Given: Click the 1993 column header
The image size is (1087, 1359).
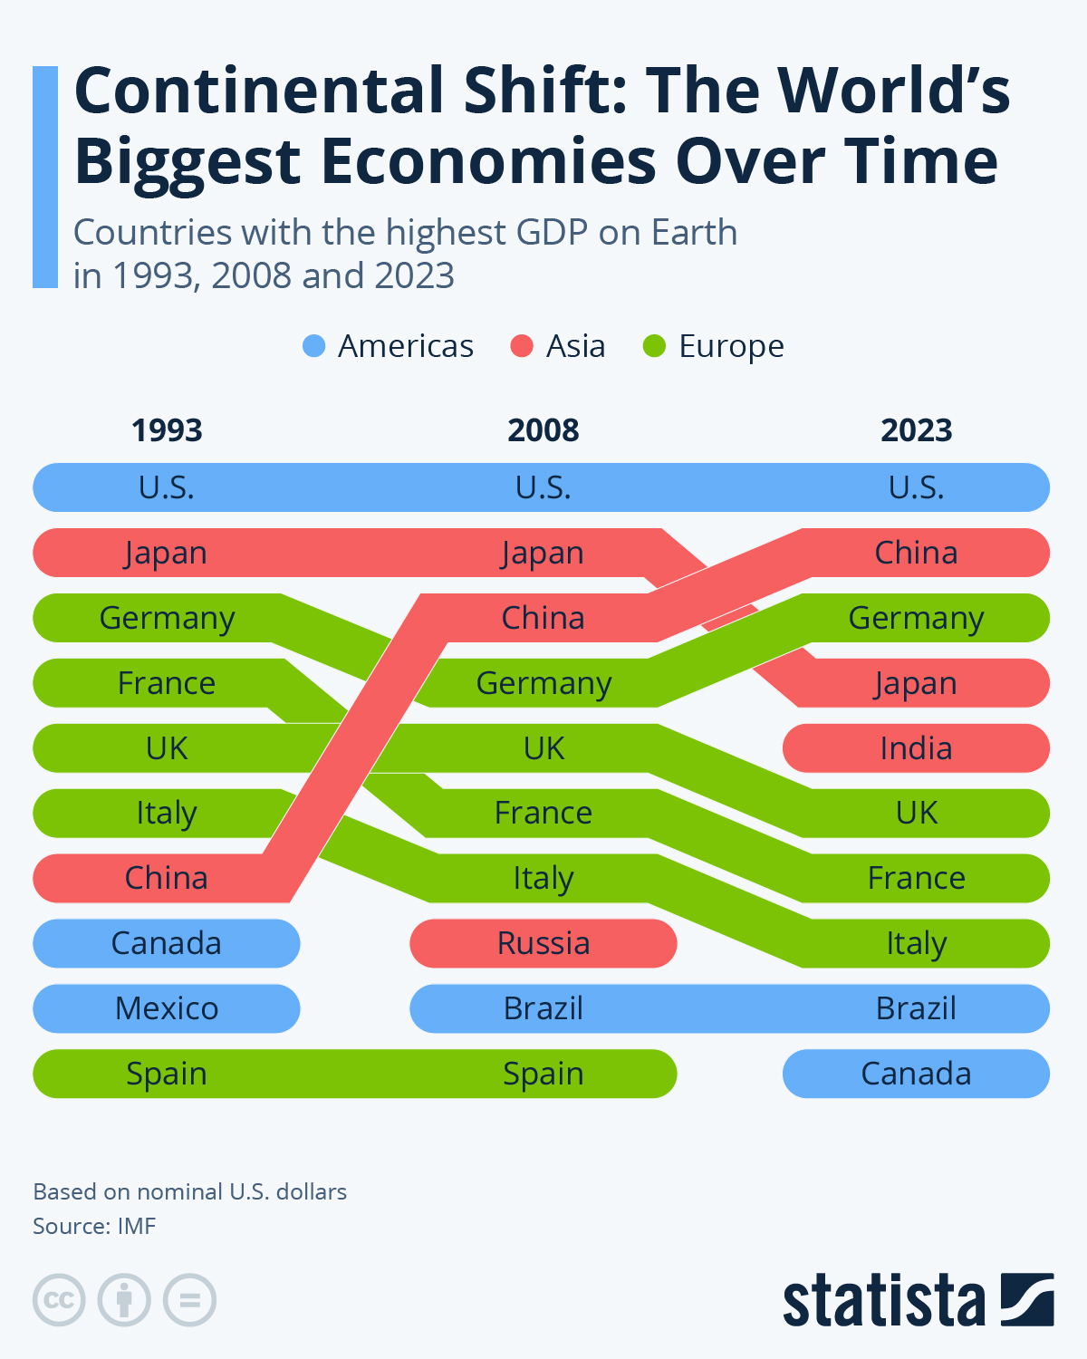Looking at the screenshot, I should [x=167, y=429].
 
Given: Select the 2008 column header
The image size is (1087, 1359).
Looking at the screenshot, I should [x=543, y=429].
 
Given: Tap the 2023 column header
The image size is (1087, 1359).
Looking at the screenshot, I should [x=916, y=429].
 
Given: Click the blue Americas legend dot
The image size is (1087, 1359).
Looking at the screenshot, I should [x=313, y=346].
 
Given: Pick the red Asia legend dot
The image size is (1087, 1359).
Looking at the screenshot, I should [x=522, y=346].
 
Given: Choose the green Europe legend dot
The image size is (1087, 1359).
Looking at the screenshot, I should [x=654, y=346].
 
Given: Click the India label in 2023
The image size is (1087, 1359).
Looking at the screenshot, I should [x=916, y=748].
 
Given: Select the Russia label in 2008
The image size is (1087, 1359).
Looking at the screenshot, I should [x=543, y=943].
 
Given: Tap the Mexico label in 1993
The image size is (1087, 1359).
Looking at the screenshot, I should [x=167, y=1008].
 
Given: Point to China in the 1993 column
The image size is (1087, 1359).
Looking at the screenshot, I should [x=167, y=878].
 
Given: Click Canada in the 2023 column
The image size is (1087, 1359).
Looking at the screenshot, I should [x=916, y=1074].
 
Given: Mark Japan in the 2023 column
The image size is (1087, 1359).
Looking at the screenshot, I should [x=916, y=683].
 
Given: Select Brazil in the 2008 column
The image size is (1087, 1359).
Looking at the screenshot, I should [x=543, y=1008].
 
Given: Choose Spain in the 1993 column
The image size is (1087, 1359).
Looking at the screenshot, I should [x=167, y=1074].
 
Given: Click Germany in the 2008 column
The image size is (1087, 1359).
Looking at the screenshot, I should [x=543, y=683].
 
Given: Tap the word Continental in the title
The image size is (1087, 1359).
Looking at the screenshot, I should [x=263, y=91].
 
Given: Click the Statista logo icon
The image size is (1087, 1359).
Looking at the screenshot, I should [x=1027, y=1299].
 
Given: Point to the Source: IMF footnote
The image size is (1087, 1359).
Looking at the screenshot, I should [x=94, y=1226].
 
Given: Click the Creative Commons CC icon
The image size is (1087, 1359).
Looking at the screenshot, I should [x=59, y=1300].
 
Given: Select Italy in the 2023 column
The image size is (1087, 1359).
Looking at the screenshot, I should [x=916, y=943].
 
